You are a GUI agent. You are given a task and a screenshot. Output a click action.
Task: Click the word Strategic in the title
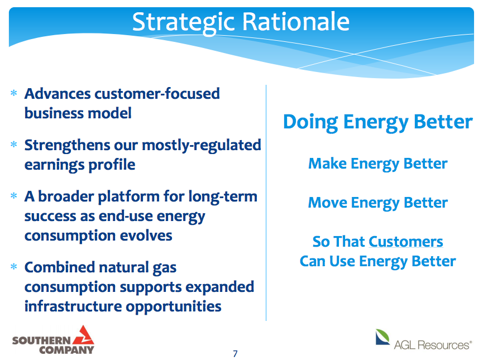pyautogui.click(x=184, y=23)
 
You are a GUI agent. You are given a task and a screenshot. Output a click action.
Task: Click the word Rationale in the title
pyautogui.click(x=296, y=22)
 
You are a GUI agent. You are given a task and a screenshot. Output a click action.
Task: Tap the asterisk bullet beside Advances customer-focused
pyautogui.click(x=14, y=93)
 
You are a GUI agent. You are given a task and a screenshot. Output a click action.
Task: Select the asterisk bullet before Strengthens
pyautogui.click(x=14, y=145)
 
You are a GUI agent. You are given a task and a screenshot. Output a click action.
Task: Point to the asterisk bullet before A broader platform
pyautogui.click(x=14, y=196)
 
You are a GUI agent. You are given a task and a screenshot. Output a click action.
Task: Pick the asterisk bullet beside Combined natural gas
pyautogui.click(x=14, y=267)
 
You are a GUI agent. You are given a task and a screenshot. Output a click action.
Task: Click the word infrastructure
pyautogui.click(x=73, y=306)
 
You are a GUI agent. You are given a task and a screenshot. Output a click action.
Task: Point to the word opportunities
pyautogui.click(x=174, y=307)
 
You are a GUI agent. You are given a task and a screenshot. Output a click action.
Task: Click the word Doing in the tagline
pyautogui.click(x=310, y=122)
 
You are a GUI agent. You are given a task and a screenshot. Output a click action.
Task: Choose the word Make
pyautogui.click(x=327, y=164)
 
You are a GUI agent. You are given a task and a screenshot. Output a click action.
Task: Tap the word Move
pyautogui.click(x=328, y=203)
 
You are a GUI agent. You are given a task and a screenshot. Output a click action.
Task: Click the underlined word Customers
pyautogui.click(x=406, y=242)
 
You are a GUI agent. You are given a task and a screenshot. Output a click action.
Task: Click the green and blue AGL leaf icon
pyautogui.click(x=382, y=337)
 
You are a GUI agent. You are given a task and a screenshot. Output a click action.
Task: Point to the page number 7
pyautogui.click(x=235, y=353)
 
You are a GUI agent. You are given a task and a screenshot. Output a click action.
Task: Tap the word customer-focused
pyautogui.click(x=157, y=94)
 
